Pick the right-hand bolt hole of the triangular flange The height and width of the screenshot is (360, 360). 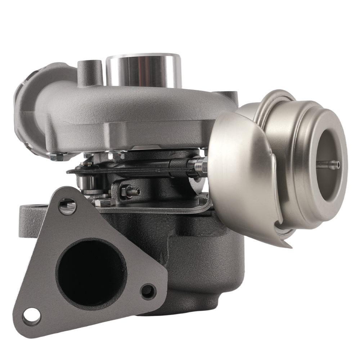click(x=147, y=289)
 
